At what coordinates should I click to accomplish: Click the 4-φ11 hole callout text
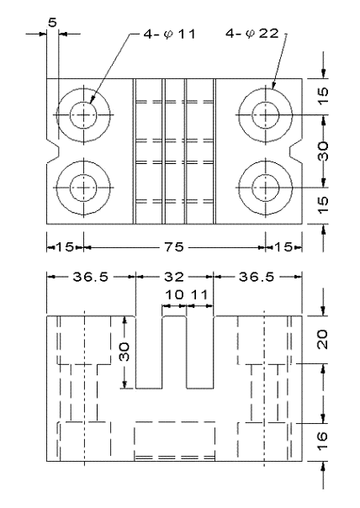(161, 35)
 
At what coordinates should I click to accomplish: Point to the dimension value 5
(53, 23)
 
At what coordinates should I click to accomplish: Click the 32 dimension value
(174, 275)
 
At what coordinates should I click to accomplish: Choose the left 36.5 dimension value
(91, 275)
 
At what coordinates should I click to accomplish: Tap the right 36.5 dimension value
(257, 275)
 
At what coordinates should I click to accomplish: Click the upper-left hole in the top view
(84, 114)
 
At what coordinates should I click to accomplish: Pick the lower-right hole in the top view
(267, 184)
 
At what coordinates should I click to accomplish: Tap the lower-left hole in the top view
(84, 184)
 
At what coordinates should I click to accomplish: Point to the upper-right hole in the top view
(267, 114)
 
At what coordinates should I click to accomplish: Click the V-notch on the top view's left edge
(52, 149)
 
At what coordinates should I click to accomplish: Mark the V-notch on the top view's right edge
(299, 149)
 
